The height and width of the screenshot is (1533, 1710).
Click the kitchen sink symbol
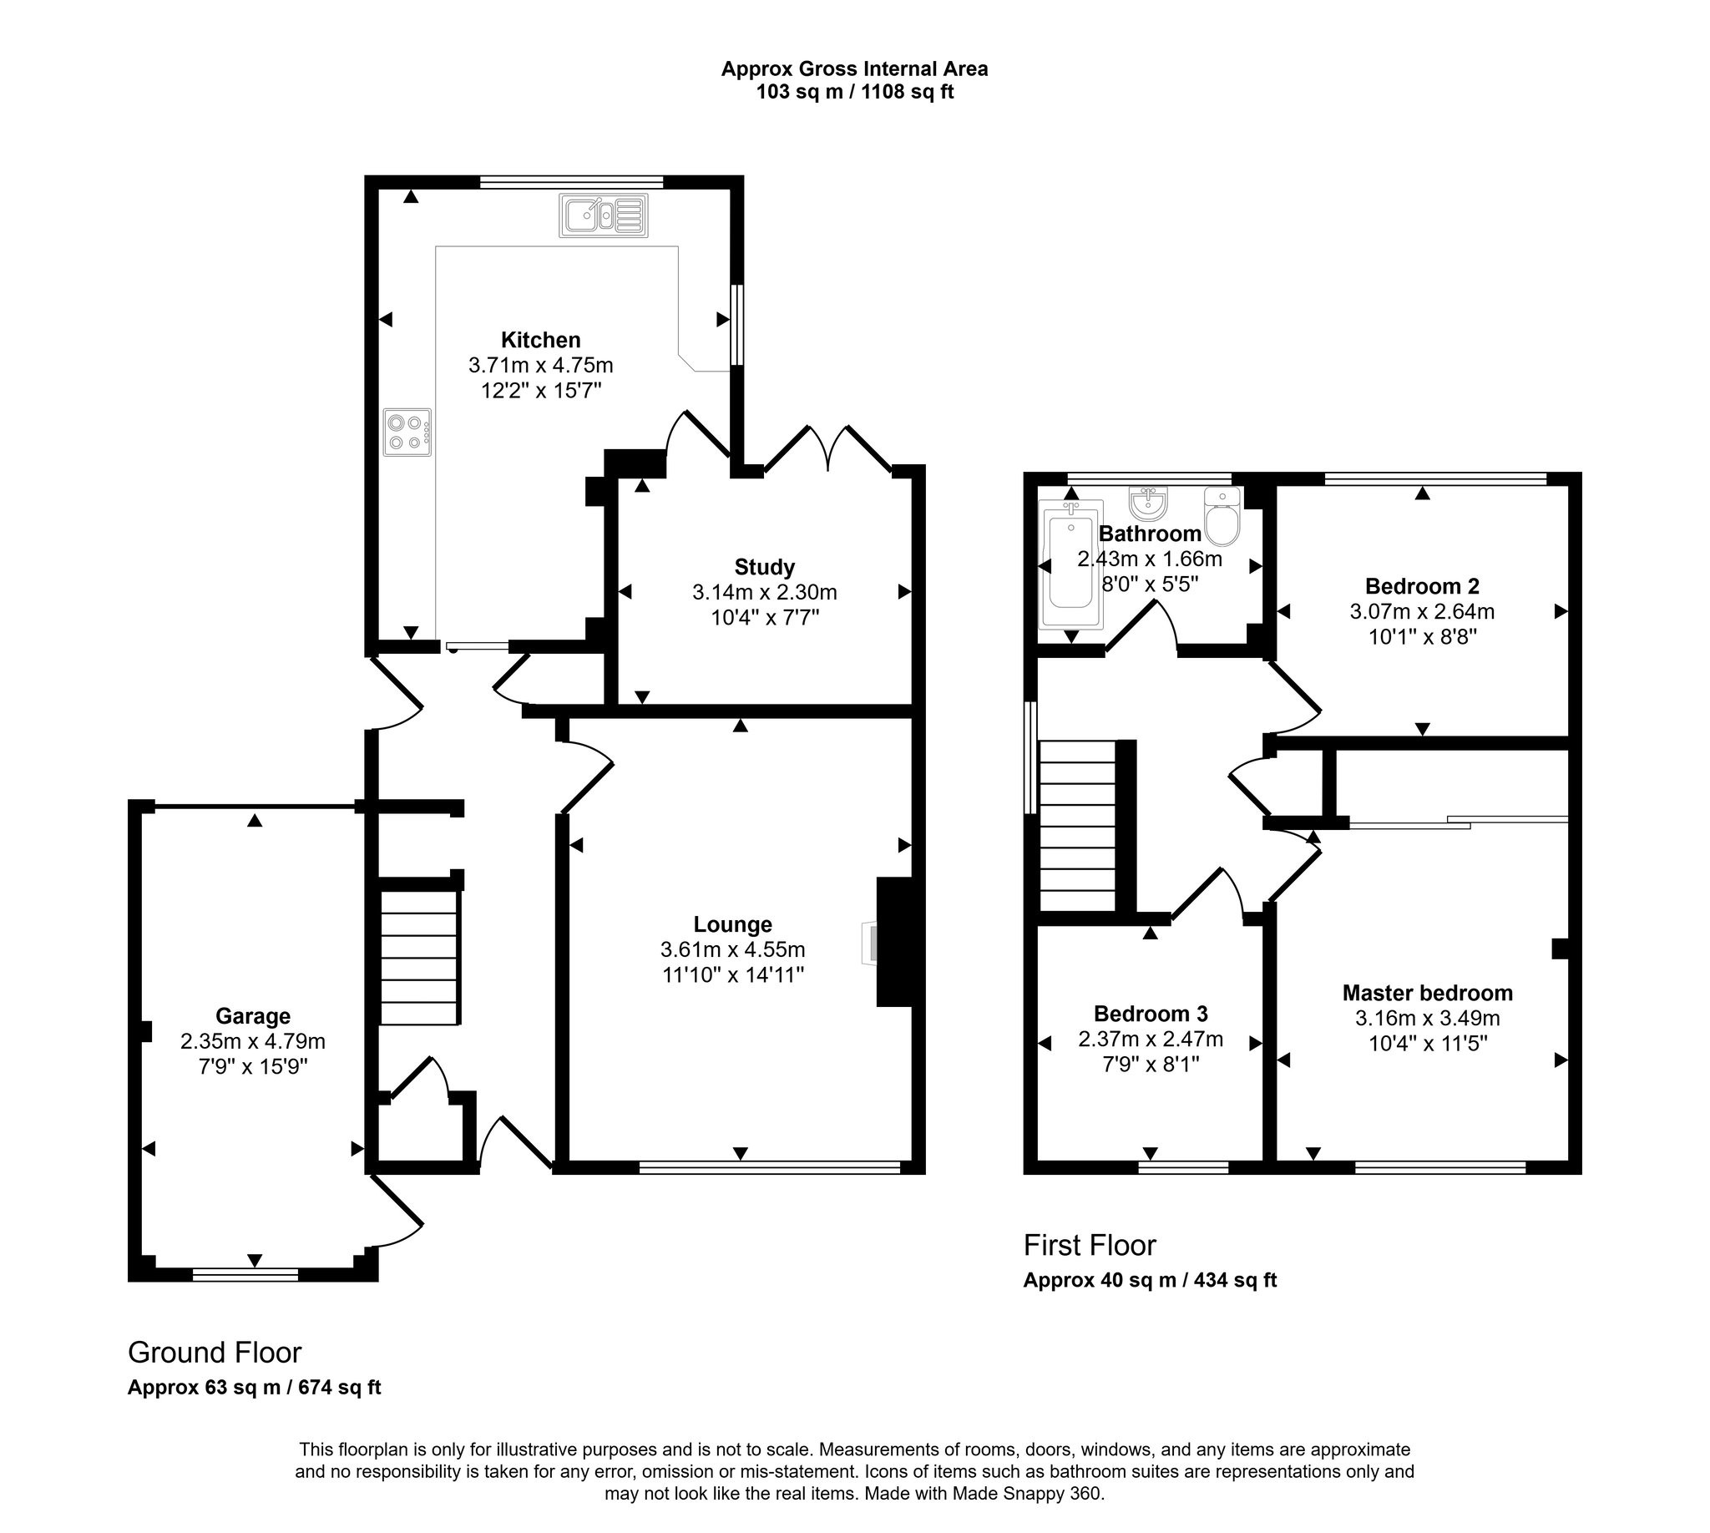[603, 215]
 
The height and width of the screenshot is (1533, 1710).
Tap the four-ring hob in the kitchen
[407, 433]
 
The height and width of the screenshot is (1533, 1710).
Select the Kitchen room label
[541, 341]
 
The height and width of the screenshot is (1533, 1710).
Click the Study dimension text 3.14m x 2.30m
[764, 592]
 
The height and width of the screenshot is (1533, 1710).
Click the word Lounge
[732, 925]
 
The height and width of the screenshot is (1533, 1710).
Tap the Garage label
[253, 1017]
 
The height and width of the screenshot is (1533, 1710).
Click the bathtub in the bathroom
[1070, 564]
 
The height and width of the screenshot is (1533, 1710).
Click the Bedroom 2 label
[1422, 586]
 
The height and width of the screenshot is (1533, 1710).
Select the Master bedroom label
[1427, 993]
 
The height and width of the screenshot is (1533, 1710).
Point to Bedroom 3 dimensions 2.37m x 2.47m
[1150, 1040]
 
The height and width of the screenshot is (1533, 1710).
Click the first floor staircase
[1076, 826]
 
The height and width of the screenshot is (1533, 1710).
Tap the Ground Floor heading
[214, 1353]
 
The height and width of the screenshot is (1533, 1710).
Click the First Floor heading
[1089, 1245]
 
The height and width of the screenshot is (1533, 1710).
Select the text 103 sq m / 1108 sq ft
[854, 92]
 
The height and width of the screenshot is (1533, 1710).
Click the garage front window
[245, 1275]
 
